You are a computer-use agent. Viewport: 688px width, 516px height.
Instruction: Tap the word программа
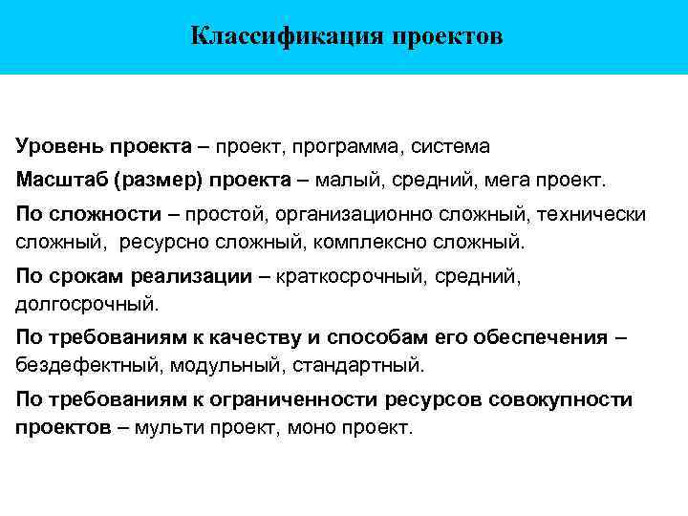pyautogui.click(x=350, y=147)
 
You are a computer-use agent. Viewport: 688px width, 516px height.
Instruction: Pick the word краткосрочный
pyautogui.click(x=350, y=276)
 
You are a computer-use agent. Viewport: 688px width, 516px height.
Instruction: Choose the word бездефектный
pyautogui.click(x=79, y=365)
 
